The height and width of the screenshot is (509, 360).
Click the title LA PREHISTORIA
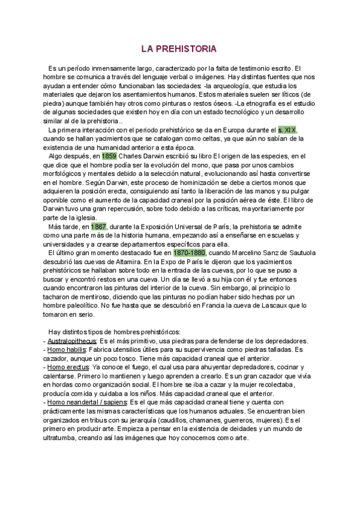179,48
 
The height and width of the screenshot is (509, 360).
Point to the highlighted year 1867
98,226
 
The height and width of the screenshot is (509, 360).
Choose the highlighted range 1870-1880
190,253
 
